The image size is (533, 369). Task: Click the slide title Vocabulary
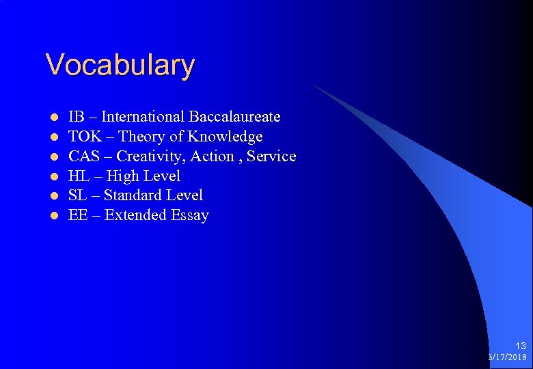(120, 66)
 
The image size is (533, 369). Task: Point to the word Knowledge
(225, 137)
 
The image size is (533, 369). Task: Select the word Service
(271, 156)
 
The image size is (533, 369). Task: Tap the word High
(122, 176)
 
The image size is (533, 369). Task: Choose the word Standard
(133, 195)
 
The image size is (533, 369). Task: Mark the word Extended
(135, 215)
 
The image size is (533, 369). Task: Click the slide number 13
(521, 346)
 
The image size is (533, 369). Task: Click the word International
(143, 117)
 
